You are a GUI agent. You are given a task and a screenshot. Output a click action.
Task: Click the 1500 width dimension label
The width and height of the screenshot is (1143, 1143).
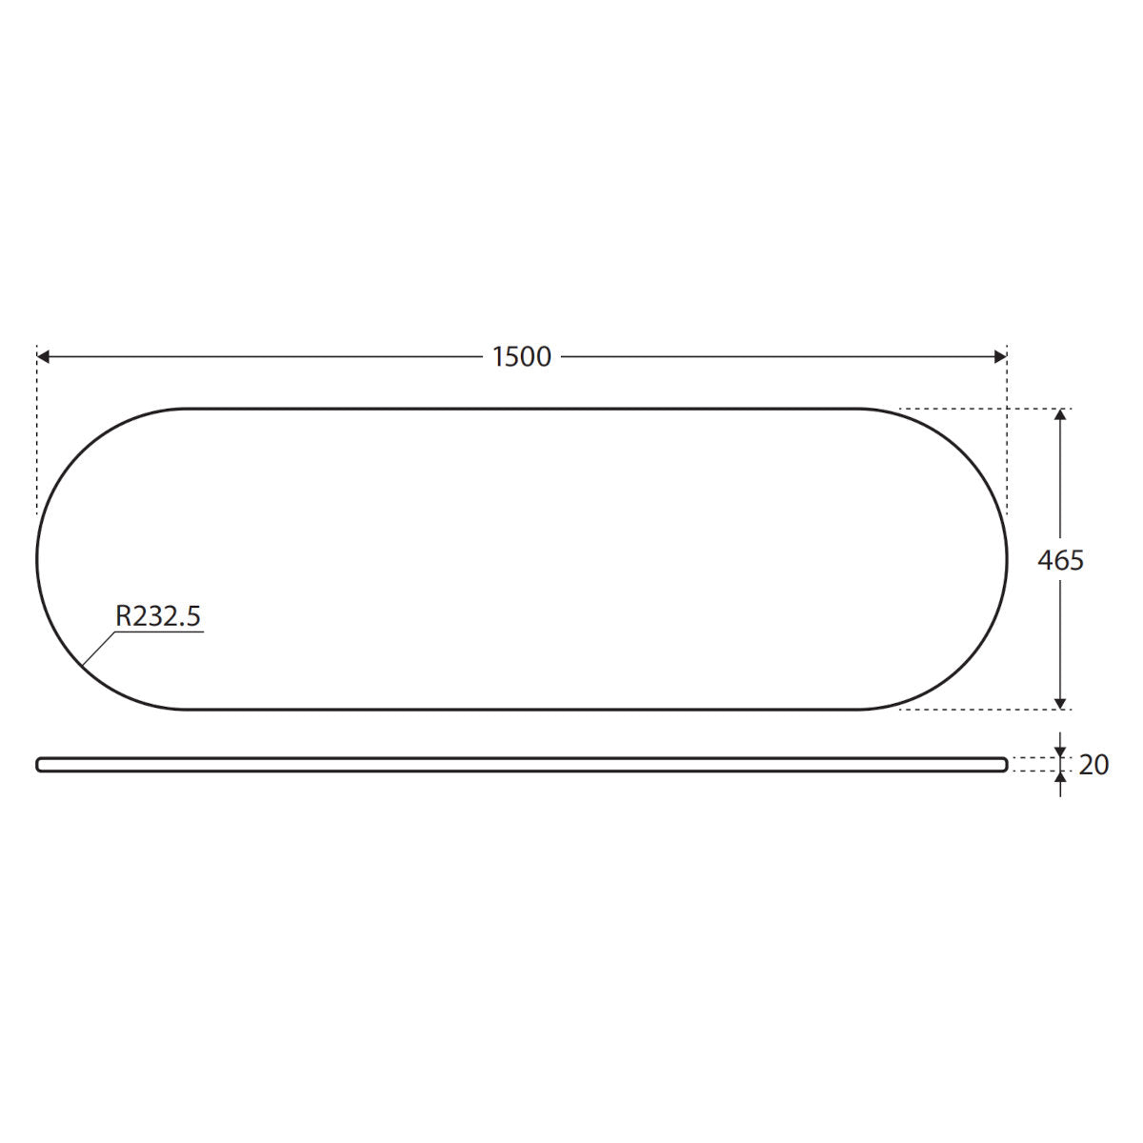coord(521,357)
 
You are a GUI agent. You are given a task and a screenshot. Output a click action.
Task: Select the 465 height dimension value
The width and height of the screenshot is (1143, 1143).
coord(1060,560)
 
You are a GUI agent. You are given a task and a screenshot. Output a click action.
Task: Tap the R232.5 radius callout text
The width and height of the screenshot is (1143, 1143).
coord(158,615)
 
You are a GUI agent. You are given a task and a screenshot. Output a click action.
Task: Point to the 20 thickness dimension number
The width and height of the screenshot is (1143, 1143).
coord(1093,765)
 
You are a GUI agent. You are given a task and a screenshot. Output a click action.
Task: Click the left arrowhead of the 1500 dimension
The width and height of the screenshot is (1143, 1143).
coord(43,356)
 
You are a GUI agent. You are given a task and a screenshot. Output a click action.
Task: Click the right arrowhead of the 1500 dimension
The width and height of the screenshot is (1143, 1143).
coord(1001,356)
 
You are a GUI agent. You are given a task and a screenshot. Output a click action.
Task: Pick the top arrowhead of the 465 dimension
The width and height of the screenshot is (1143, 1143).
coord(1060,414)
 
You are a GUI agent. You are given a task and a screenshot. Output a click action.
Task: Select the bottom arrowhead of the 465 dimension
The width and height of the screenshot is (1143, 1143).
coord(1060,703)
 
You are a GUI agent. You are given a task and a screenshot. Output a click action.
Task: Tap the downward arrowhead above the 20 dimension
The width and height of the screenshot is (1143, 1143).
coord(1060,752)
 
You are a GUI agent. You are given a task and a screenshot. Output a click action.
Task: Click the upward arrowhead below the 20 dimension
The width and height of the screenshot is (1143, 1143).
coord(1060,777)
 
